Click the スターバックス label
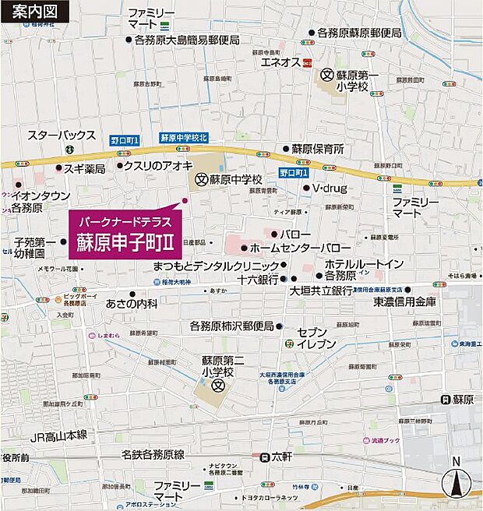pos(62,135)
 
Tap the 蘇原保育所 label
pos(318,148)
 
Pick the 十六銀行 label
pos(259,279)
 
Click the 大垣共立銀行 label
pos(322,291)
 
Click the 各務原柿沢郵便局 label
pos(232,326)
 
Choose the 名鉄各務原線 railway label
pos(153,454)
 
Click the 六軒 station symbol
pos(266,457)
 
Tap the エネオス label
pos(280,62)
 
